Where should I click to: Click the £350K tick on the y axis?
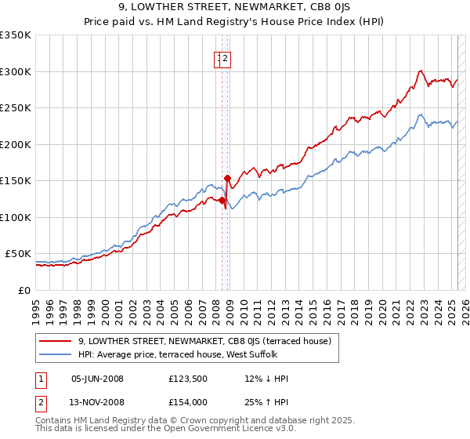point(16,35)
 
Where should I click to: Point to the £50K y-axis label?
point(18,254)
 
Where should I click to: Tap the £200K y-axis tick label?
point(16,144)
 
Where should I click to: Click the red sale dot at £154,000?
point(227,178)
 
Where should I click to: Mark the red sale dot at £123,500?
point(222,200)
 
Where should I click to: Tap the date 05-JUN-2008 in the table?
point(97,379)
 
